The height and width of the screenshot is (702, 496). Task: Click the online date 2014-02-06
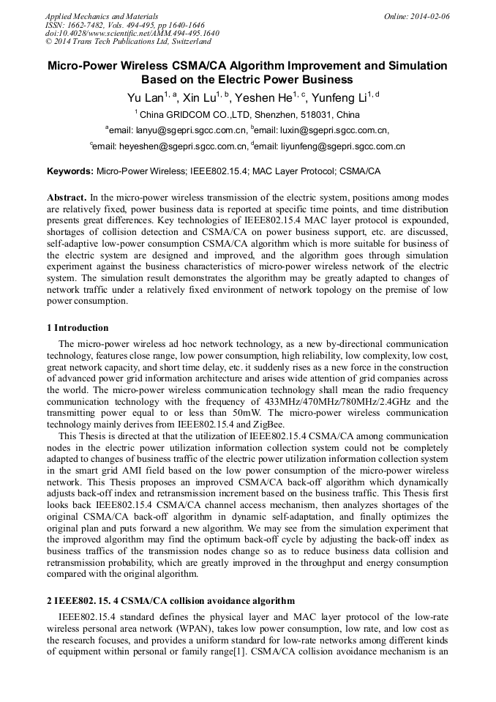(x=429, y=16)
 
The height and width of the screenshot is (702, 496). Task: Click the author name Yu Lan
(x=145, y=97)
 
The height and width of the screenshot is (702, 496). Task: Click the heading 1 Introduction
(x=78, y=328)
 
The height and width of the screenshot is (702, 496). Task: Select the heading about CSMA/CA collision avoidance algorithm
(x=171, y=601)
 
